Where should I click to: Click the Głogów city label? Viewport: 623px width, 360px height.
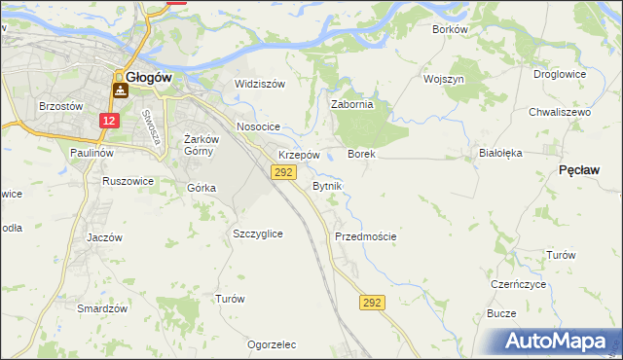[150, 77]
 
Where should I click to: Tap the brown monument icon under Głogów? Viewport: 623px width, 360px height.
[121, 90]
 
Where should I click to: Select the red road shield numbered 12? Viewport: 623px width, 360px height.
[109, 121]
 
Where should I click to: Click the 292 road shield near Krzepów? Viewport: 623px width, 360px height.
[282, 172]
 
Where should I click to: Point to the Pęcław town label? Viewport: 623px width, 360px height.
[579, 170]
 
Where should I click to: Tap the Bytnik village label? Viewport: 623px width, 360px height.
[327, 185]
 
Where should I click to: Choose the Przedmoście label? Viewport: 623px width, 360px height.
[365, 236]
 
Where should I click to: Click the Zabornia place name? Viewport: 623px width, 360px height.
[352, 105]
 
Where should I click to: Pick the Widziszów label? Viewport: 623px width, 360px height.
[260, 84]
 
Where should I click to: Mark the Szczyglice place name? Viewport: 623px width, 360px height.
[258, 234]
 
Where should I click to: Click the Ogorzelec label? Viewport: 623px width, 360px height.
[272, 344]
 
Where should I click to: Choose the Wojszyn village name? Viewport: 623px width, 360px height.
[444, 79]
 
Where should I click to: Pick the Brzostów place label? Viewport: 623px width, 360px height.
[57, 106]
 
